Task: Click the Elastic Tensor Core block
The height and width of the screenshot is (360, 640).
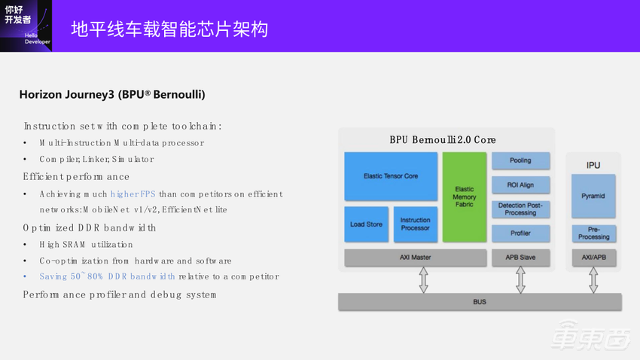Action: pyautogui.click(x=391, y=176)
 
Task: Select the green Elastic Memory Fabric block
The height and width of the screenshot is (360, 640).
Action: pyautogui.click(x=465, y=197)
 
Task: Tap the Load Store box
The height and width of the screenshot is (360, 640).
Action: pyautogui.click(x=366, y=224)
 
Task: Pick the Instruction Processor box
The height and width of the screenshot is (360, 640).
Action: pyautogui.click(x=415, y=224)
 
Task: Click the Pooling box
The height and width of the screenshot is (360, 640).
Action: pyautogui.click(x=520, y=160)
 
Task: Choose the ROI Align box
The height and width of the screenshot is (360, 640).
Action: pyautogui.click(x=520, y=185)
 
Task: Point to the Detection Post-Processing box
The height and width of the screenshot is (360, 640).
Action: pyautogui.click(x=520, y=209)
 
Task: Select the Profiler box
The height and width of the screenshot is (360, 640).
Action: pyautogui.click(x=520, y=233)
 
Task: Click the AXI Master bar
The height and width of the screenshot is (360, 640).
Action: pyautogui.click(x=416, y=258)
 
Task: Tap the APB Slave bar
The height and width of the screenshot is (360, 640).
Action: pyautogui.click(x=520, y=258)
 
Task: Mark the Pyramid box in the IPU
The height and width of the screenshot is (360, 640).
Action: pyautogui.click(x=593, y=196)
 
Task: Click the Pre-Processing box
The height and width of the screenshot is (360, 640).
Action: pyautogui.click(x=593, y=233)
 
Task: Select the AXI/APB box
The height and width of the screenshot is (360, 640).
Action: pyautogui.click(x=593, y=258)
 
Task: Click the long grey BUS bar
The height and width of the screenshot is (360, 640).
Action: pyautogui.click(x=480, y=302)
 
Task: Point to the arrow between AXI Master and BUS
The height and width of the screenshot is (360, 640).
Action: pyautogui.click(x=424, y=279)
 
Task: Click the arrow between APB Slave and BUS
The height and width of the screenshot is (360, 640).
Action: pyautogui.click(x=520, y=279)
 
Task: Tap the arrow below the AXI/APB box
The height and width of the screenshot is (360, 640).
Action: pyautogui.click(x=593, y=279)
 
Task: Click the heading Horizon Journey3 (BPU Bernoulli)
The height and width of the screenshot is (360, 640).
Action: pyautogui.click(x=112, y=95)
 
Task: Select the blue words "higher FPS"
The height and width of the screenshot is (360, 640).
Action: pyautogui.click(x=133, y=194)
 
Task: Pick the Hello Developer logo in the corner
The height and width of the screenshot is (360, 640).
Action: pyautogui.click(x=26, y=26)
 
